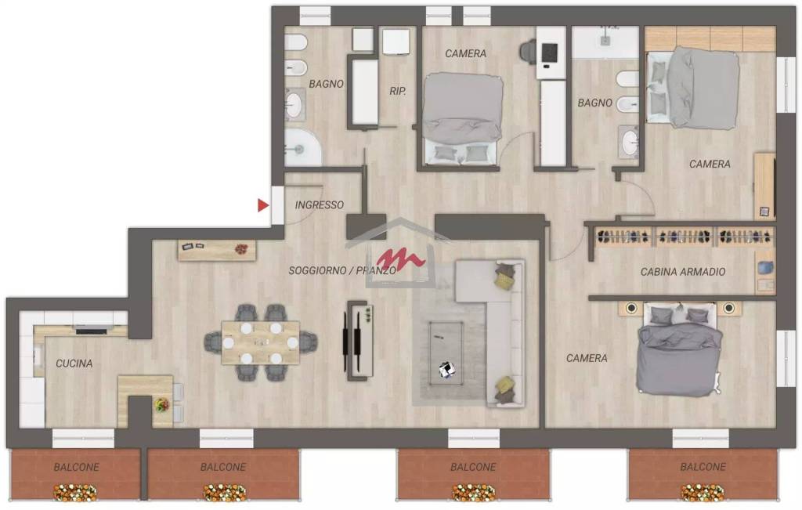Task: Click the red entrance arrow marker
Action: [x=262, y=205]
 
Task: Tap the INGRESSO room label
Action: [x=320, y=205]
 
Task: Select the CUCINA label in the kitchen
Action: [x=74, y=364]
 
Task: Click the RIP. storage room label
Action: [x=398, y=91]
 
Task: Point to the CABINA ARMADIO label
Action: [x=683, y=272]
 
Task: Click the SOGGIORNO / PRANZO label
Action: [x=342, y=270]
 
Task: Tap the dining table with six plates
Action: [x=260, y=342]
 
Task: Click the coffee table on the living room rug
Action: [x=446, y=353]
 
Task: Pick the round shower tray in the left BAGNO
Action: [x=303, y=146]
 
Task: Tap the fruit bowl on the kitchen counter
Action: [x=162, y=404]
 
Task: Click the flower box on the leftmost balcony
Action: [x=74, y=493]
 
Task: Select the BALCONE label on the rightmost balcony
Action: [x=703, y=467]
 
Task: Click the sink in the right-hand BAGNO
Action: [x=629, y=142]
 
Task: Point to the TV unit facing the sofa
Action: [x=359, y=341]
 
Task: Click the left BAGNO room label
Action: [x=327, y=84]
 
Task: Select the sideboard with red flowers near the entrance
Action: [x=217, y=250]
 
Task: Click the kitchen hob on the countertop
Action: [x=92, y=330]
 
